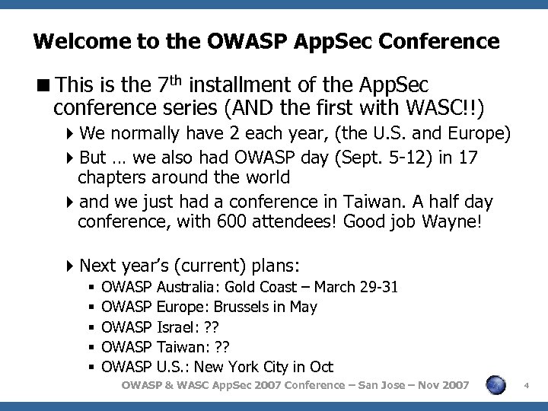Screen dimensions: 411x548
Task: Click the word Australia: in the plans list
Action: pyautogui.click(x=189, y=288)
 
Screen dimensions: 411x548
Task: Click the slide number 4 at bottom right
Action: pyautogui.click(x=527, y=387)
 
